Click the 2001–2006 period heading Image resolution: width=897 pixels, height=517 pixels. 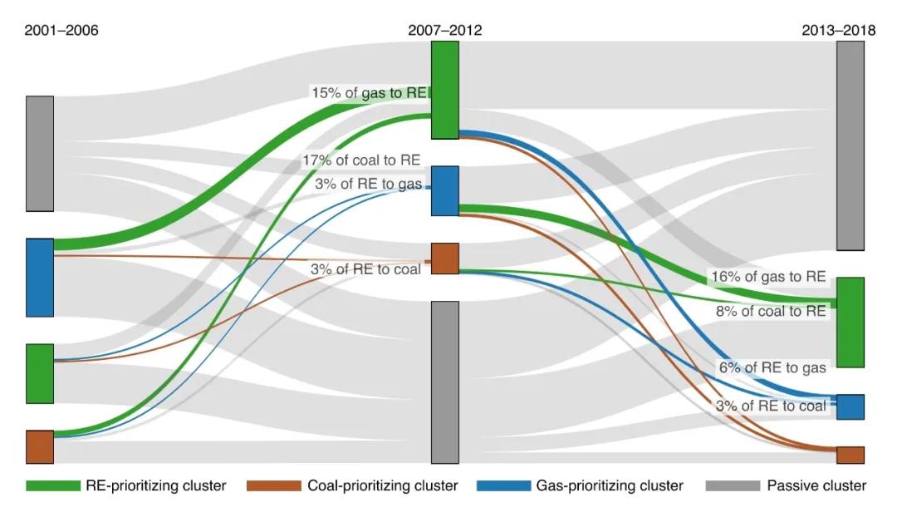pyautogui.click(x=61, y=31)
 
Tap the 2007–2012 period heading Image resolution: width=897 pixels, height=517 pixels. pyautogui.click(x=444, y=31)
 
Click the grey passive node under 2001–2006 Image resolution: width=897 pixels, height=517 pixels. pyautogui.click(x=40, y=154)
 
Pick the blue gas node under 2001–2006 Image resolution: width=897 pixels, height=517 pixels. pyautogui.click(x=40, y=278)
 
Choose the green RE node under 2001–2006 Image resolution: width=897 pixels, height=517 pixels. pyautogui.click(x=40, y=373)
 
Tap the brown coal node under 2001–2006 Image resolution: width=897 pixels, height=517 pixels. pyautogui.click(x=40, y=446)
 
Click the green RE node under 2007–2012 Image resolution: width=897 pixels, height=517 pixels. pyautogui.click(x=445, y=90)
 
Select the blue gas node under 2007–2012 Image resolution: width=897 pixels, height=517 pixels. pyautogui.click(x=445, y=190)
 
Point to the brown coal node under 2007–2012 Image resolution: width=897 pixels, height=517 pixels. pyautogui.click(x=445, y=258)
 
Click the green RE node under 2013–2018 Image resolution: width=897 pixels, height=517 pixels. pyautogui.click(x=850, y=323)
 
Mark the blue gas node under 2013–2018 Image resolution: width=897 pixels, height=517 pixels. pyautogui.click(x=850, y=406)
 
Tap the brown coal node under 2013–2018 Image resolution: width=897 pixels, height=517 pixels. pyautogui.click(x=850, y=455)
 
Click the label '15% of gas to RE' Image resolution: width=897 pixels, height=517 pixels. pyautogui.click(x=369, y=93)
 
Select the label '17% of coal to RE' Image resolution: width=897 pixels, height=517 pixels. pyautogui.click(x=361, y=160)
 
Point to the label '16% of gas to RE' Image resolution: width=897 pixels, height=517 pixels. pyautogui.click(x=767, y=277)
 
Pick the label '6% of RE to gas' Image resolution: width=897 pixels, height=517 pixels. pyautogui.click(x=772, y=367)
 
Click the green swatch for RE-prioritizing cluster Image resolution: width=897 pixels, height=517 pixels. pyautogui.click(x=52, y=485)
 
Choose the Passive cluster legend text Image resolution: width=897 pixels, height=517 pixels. pyautogui.click(x=816, y=485)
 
